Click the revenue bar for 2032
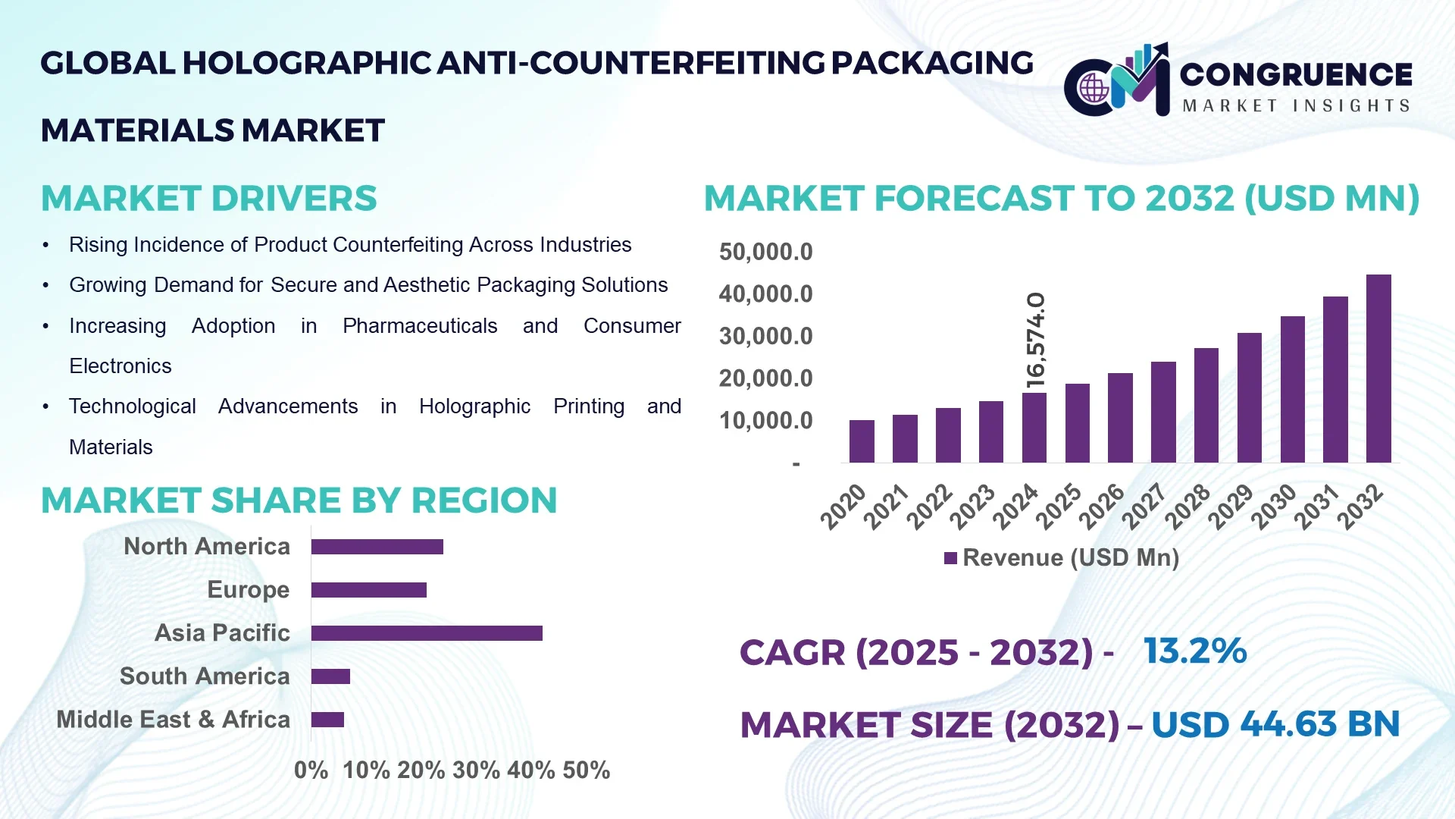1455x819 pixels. coord(1378,369)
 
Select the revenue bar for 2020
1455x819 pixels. coord(862,441)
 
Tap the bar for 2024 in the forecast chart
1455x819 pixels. coord(1034,428)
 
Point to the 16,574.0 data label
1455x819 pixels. coord(1035,340)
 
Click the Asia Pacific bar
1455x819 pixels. coord(427,633)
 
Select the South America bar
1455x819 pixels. coord(330,676)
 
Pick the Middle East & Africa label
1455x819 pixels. coord(173,720)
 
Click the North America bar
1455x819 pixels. coord(377,547)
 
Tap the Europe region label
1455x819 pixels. coord(248,590)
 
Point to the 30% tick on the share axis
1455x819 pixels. coord(476,770)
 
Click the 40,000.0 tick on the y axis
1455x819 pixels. coord(765,294)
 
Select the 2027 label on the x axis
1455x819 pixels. coord(1143,507)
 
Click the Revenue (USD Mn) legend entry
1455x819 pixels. coord(1061,558)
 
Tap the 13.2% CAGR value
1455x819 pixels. coord(1194,651)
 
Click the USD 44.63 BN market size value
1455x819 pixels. coord(1275,724)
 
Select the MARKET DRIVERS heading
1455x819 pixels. coord(208,199)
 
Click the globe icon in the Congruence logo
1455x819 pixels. coord(1094,89)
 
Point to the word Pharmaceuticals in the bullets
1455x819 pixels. coord(419,326)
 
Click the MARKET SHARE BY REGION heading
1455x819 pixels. coord(299,500)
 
